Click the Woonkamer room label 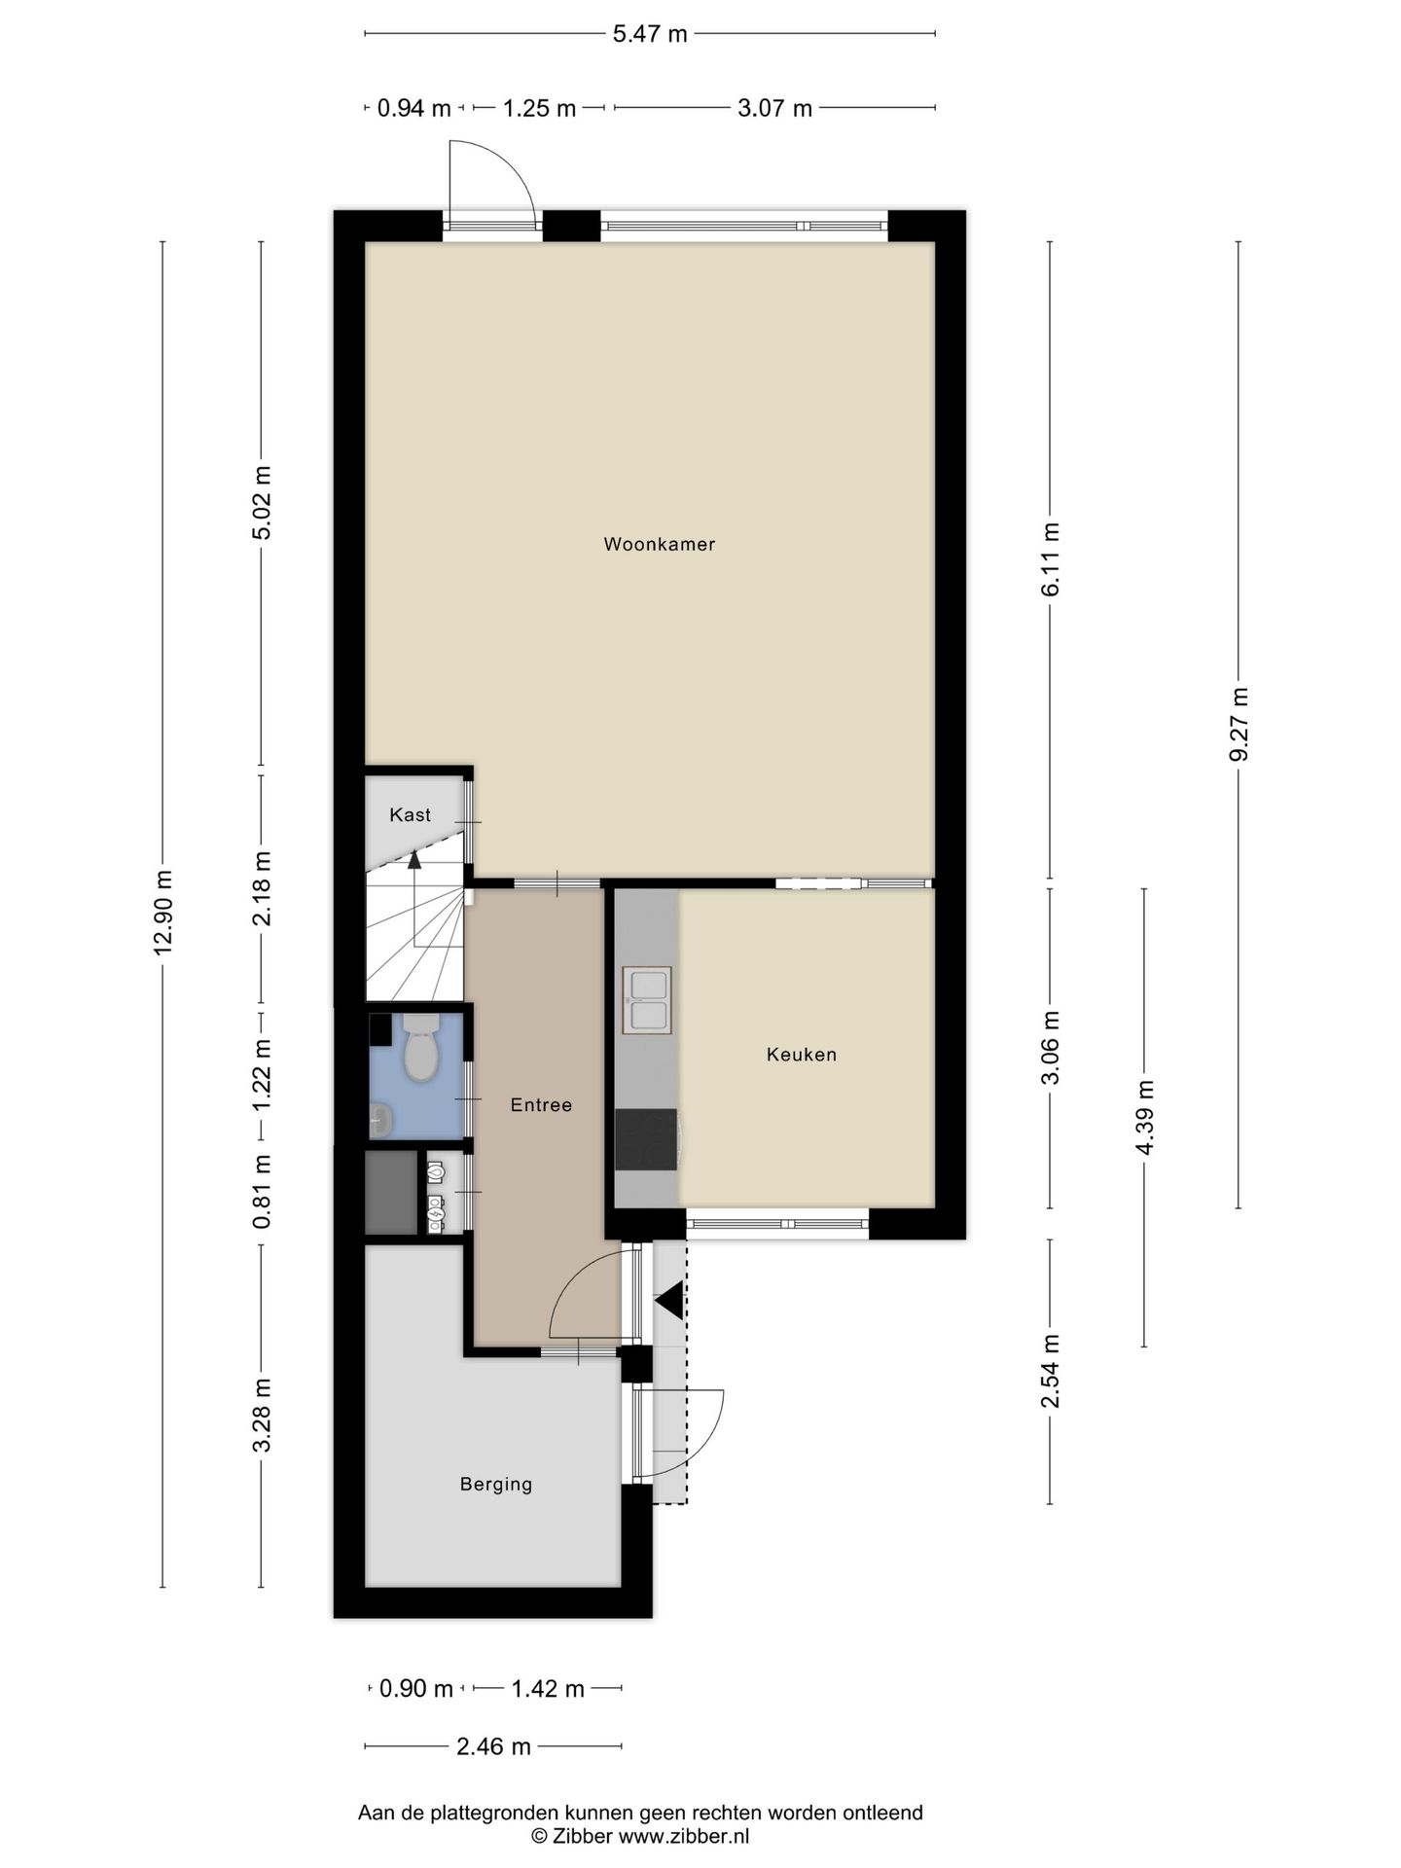(659, 545)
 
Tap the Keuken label (801, 1055)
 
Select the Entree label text (541, 1105)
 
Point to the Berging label (496, 1485)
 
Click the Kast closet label (410, 815)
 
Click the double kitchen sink (646, 1000)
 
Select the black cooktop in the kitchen (646, 1140)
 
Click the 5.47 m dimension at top (649, 34)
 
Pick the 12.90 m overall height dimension (163, 913)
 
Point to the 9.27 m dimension (1239, 725)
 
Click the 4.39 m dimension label (1144, 1117)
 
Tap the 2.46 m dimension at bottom (493, 1746)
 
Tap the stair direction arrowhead (414, 859)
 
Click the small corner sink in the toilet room (380, 1121)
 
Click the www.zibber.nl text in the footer (684, 1836)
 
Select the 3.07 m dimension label (774, 108)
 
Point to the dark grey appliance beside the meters (391, 1193)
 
